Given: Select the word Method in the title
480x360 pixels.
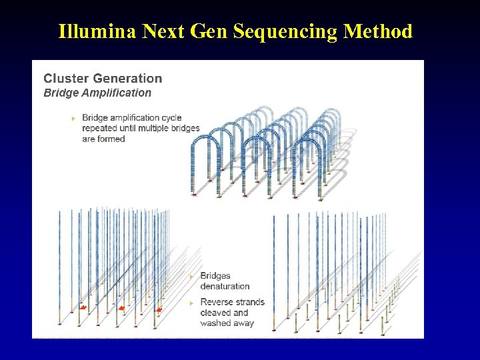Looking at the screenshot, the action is coord(379,31).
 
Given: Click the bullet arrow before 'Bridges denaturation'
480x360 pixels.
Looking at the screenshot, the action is coord(192,276).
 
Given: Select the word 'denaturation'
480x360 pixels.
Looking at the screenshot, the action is coord(225,286).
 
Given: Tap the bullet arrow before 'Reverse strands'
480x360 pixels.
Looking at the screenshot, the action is coord(192,303).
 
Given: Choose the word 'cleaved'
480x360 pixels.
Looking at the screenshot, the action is coord(216,313).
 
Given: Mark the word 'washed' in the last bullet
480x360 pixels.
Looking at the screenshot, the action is coord(215,323).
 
